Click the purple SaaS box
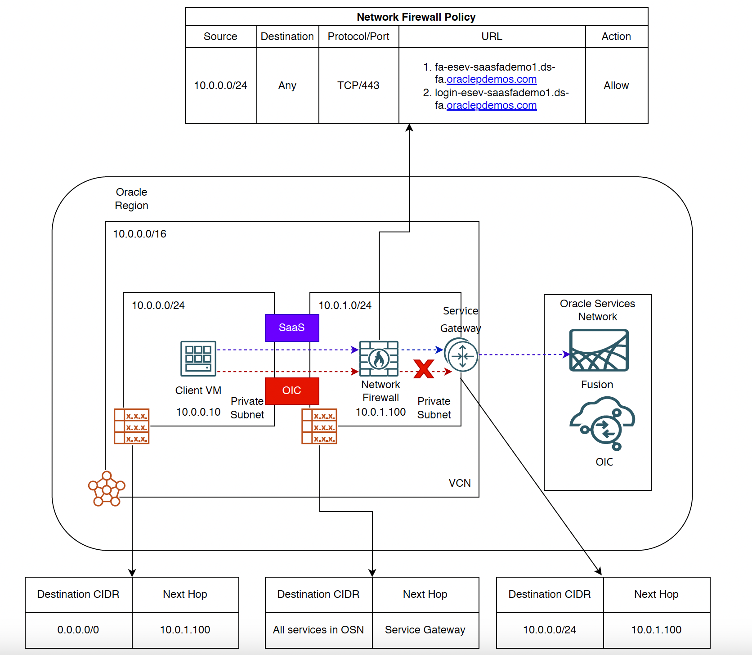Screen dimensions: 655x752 coord(292,327)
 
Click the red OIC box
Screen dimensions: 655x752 coord(292,390)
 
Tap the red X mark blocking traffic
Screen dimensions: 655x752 coord(424,369)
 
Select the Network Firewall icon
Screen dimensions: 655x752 coord(379,359)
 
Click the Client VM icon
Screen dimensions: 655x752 coord(198,359)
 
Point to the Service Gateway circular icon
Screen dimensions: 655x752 coord(462,355)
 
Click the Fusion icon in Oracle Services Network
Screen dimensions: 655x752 coord(599,350)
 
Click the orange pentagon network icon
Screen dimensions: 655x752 coord(107,489)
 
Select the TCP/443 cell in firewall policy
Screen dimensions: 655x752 coord(358,85)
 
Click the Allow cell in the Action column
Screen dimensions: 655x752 coord(616,85)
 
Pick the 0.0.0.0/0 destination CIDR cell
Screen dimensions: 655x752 coord(78,630)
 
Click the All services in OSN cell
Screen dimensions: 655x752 coord(318,630)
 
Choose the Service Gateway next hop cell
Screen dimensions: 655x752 coord(425,630)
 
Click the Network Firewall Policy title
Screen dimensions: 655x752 coord(416,17)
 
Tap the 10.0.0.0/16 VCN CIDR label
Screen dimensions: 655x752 coord(139,234)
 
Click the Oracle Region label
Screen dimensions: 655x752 coord(131,199)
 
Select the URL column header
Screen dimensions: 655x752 coord(492,36)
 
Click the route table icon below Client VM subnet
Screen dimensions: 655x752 coord(131,426)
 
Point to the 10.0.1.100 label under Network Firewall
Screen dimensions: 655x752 coord(380,412)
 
